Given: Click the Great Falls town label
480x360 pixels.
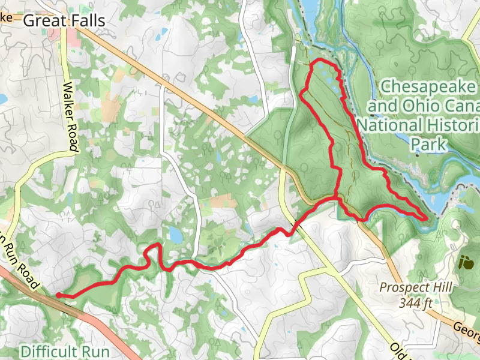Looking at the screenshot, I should pyautogui.click(x=64, y=21).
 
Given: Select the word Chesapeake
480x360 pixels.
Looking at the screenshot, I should pyautogui.click(x=430, y=88).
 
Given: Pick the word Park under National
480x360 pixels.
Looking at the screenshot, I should pyautogui.click(x=429, y=144).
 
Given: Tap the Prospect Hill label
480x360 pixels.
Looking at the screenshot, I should pyautogui.click(x=415, y=288).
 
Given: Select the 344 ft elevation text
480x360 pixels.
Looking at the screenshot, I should pyautogui.click(x=416, y=303).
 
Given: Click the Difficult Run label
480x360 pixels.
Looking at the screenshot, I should pyautogui.click(x=65, y=350).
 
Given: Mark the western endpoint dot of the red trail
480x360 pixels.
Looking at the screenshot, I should pyautogui.click(x=59, y=295).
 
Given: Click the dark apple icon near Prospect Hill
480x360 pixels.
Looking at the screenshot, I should pyautogui.click(x=465, y=262).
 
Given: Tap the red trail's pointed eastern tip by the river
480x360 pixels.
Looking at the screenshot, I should pyautogui.click(x=427, y=220).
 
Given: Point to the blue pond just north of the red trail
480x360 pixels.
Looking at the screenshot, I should pyautogui.click(x=175, y=234).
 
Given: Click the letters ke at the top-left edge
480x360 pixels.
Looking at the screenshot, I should pyautogui.click(x=6, y=17).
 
